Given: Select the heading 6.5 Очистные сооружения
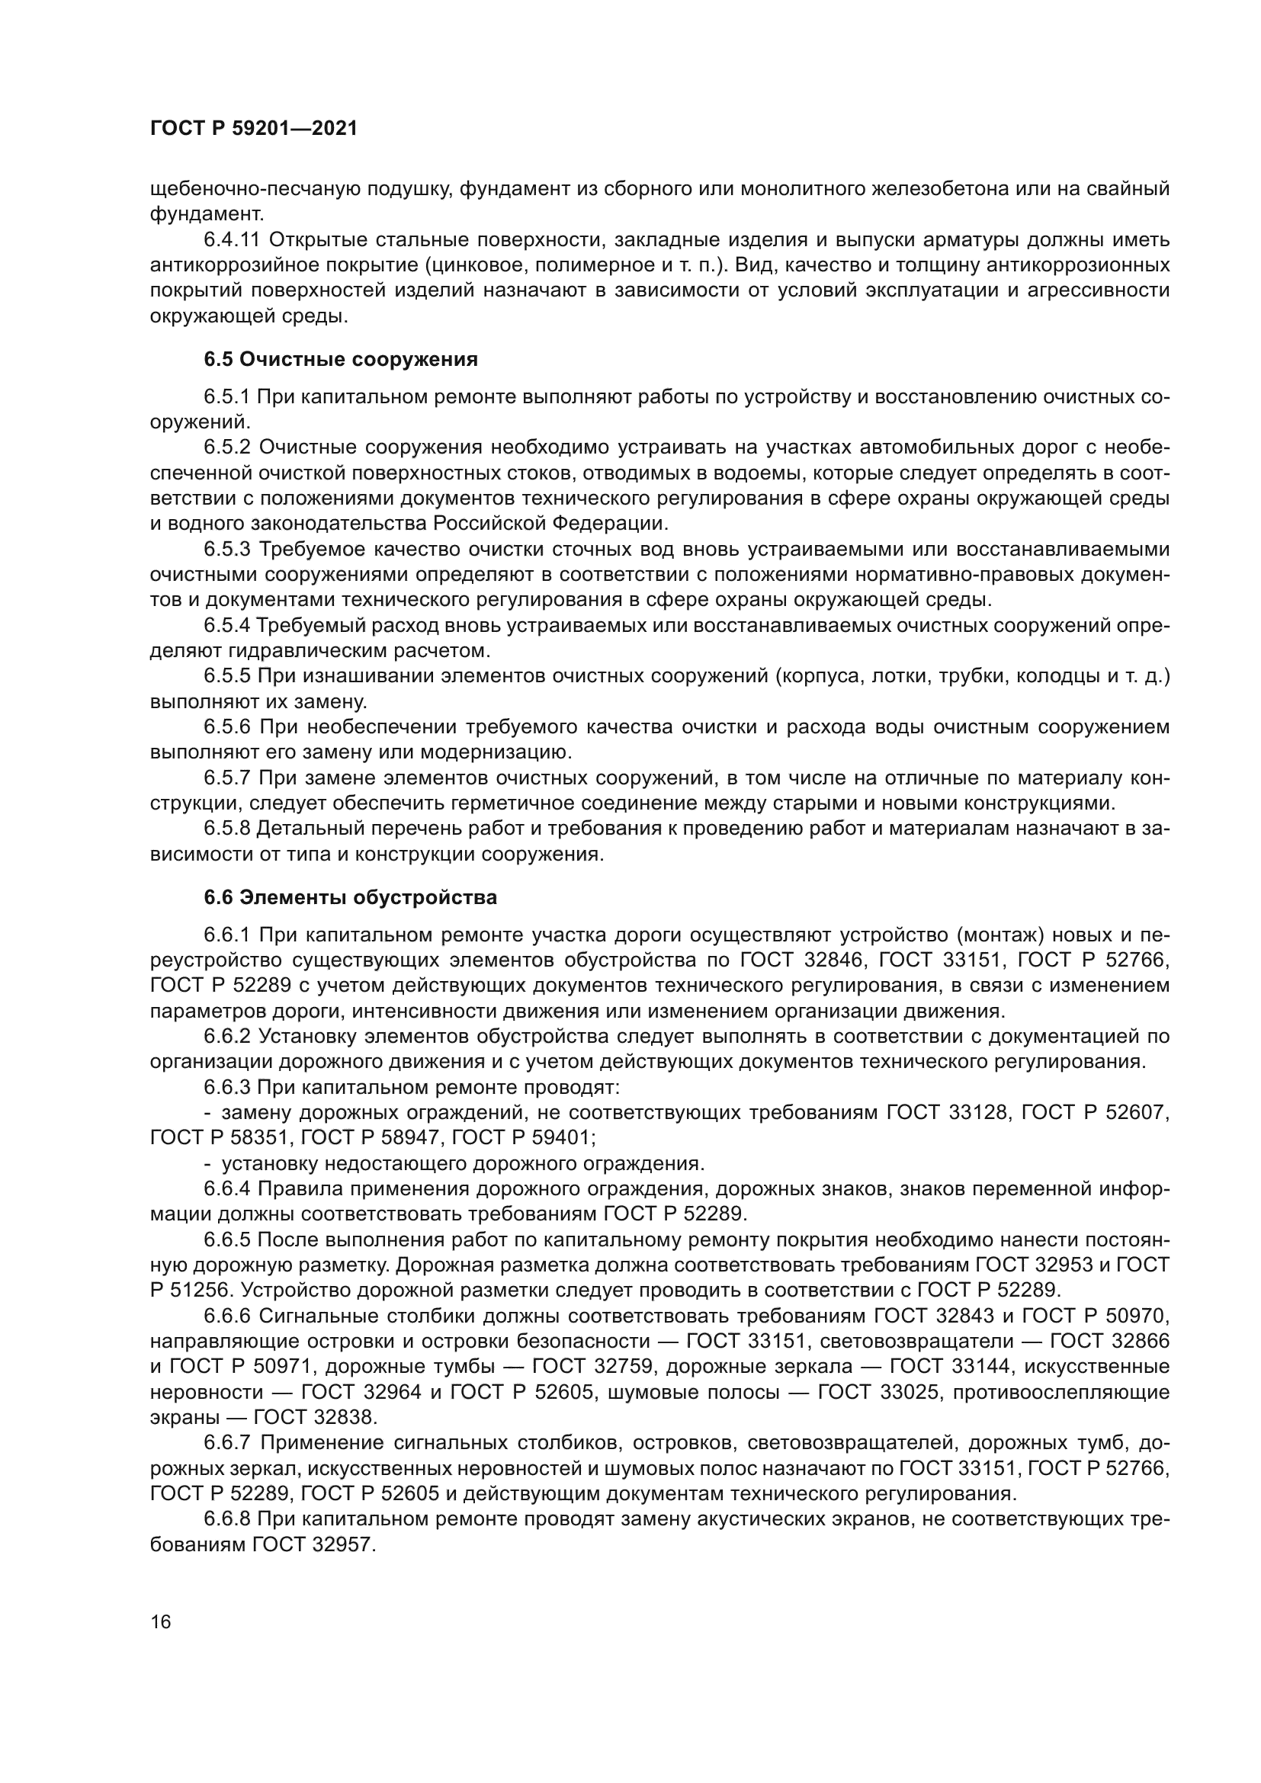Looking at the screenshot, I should coord(341,360).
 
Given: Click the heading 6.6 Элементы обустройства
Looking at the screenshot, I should coord(350,898).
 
